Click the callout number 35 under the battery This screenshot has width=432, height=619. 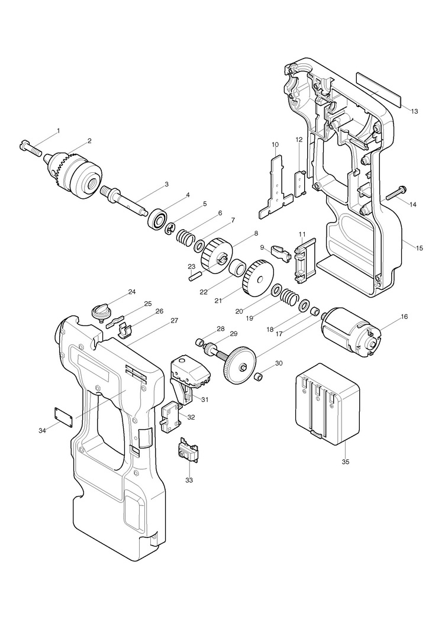(346, 461)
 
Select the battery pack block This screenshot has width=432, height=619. (327, 405)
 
